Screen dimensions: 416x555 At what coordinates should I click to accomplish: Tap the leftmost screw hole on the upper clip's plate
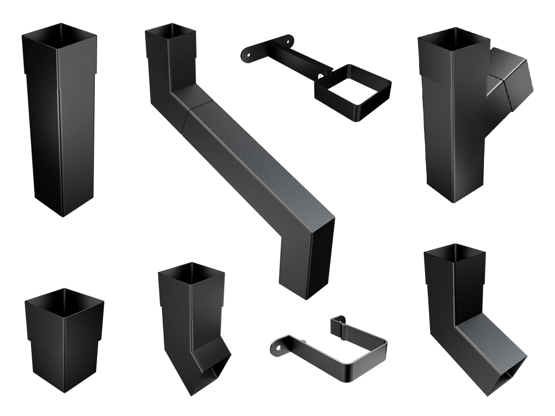pos(248,54)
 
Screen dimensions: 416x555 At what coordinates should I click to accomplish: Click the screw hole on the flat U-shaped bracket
pos(276,347)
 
